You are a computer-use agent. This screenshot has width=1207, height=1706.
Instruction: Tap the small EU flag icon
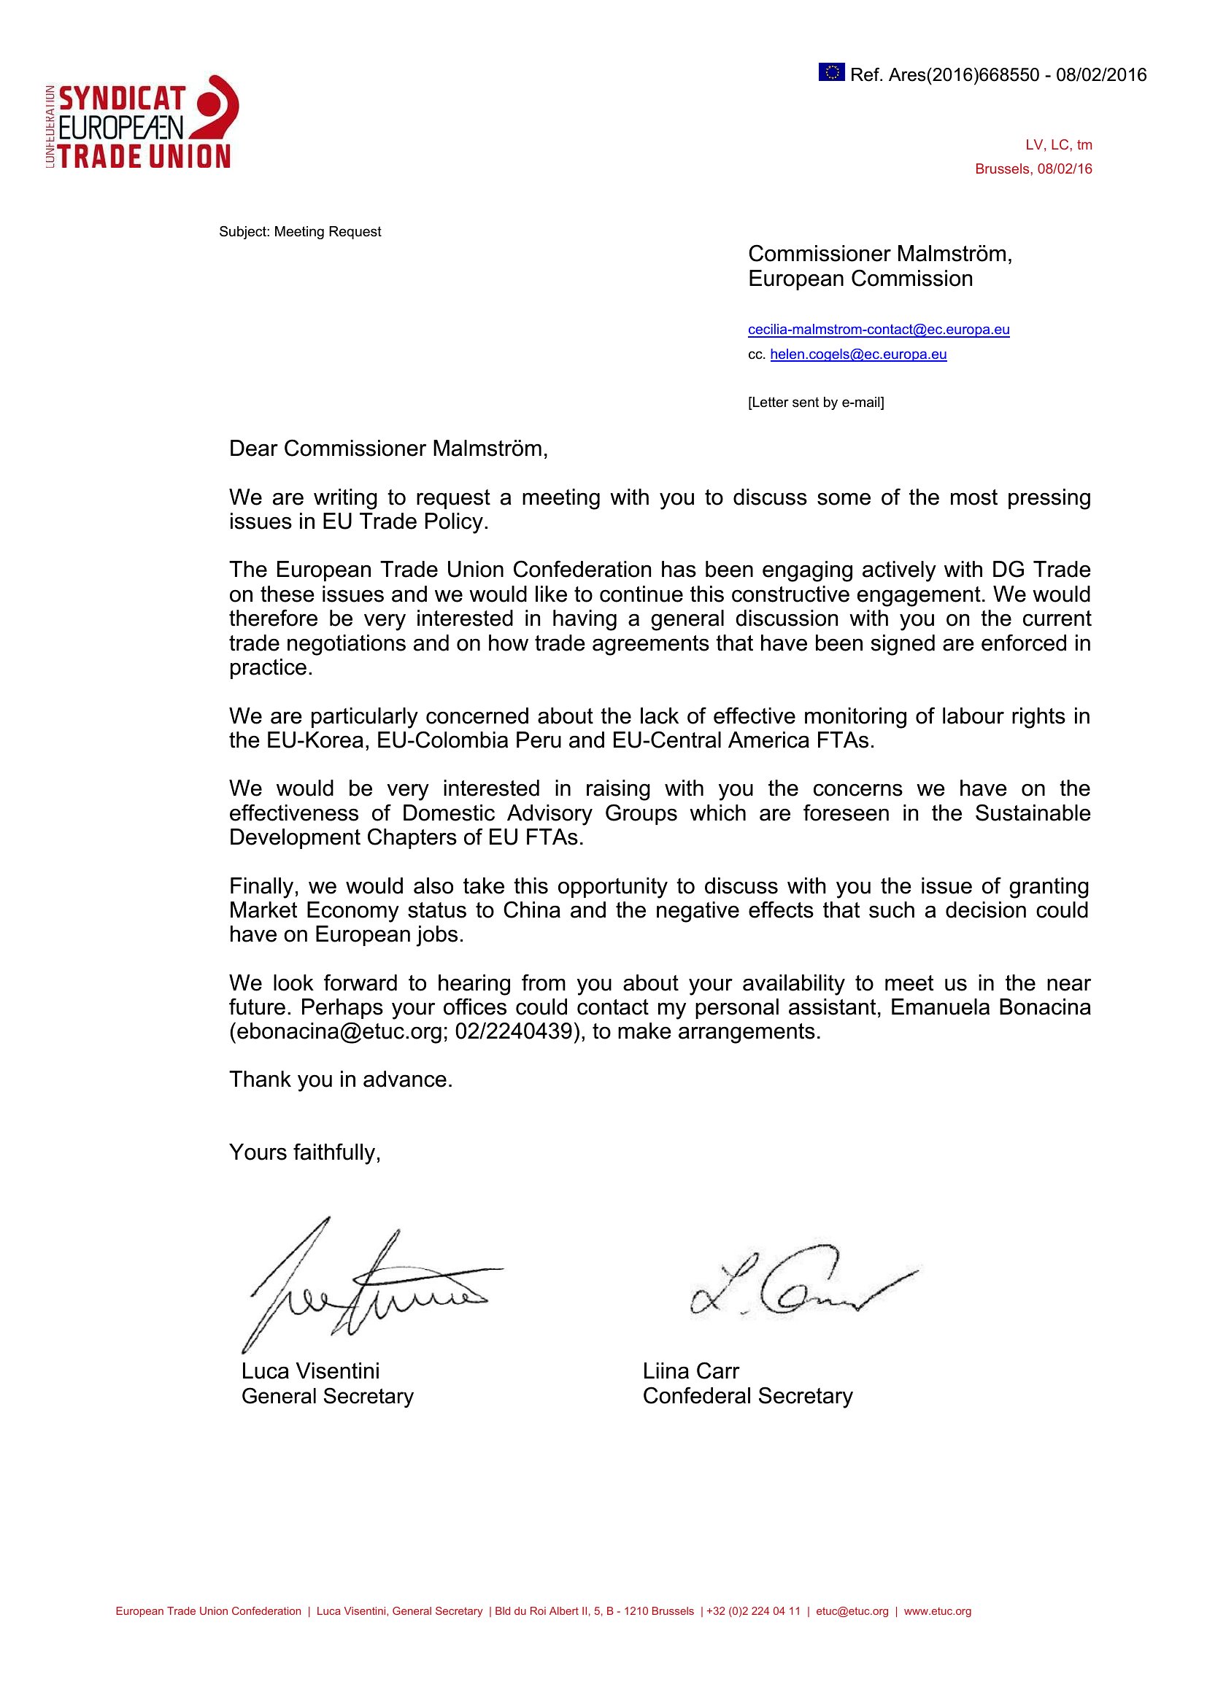832,72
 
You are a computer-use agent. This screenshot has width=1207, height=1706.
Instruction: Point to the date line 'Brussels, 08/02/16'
1033,169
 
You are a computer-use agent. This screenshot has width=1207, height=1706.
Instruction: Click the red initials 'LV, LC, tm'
1058,145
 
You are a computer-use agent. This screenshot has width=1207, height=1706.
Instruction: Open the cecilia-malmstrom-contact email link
879,329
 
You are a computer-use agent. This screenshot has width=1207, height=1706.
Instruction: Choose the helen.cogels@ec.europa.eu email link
858,354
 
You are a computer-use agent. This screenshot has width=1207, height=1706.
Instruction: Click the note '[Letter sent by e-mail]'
816,403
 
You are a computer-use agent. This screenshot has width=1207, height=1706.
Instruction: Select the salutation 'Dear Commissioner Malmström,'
388,449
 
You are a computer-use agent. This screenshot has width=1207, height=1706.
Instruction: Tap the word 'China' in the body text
531,910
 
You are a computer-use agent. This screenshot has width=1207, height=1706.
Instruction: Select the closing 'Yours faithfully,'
305,1152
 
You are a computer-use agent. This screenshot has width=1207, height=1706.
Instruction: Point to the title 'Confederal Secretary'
748,1396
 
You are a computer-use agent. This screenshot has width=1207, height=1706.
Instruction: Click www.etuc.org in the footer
937,1612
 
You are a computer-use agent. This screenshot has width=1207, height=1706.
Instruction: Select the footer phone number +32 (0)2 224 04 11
754,1612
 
